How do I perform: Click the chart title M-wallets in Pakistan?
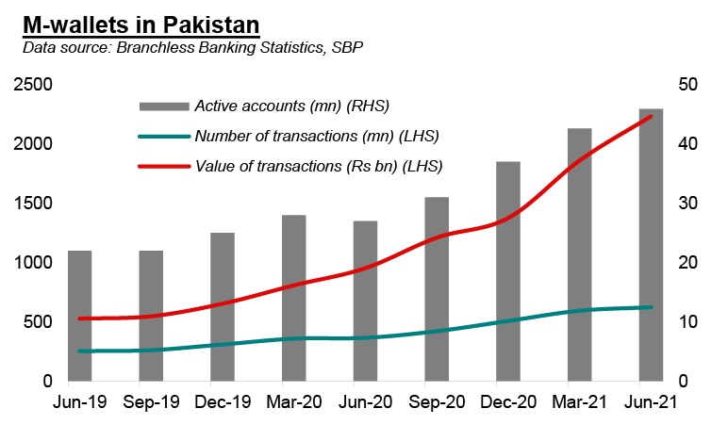pyautogui.click(x=141, y=22)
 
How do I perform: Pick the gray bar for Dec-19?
pyautogui.click(x=223, y=306)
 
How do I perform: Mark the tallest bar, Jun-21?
pyautogui.click(x=651, y=245)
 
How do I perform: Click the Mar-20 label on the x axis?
pyautogui.click(x=294, y=402)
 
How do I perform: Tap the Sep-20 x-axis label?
pyautogui.click(x=438, y=402)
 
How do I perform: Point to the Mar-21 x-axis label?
pyautogui.click(x=580, y=402)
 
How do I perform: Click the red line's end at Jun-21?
pyautogui.click(x=651, y=117)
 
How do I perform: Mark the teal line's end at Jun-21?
pyautogui.click(x=651, y=307)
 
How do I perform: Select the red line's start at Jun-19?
pyautogui.click(x=79, y=319)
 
